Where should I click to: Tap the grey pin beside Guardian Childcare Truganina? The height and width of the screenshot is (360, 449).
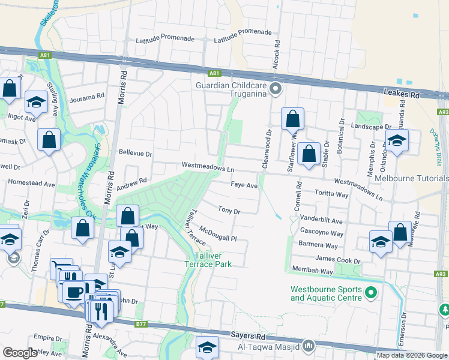pos(276,90)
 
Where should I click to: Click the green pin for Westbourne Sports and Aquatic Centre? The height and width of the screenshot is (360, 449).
pos(370,293)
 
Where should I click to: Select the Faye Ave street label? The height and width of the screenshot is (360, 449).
pos(244,186)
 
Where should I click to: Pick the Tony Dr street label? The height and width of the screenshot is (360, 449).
pos(229,211)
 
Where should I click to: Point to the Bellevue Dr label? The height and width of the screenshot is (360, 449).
pos(136,154)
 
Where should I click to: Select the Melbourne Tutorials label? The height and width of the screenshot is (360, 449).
pos(411,178)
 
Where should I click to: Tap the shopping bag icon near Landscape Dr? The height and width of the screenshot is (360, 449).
pos(292,119)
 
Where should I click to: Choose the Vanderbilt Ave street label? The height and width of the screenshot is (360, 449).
pos(321,221)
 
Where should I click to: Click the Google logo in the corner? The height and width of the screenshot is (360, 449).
pos(20,353)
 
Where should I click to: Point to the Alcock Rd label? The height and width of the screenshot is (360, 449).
pos(277,54)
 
